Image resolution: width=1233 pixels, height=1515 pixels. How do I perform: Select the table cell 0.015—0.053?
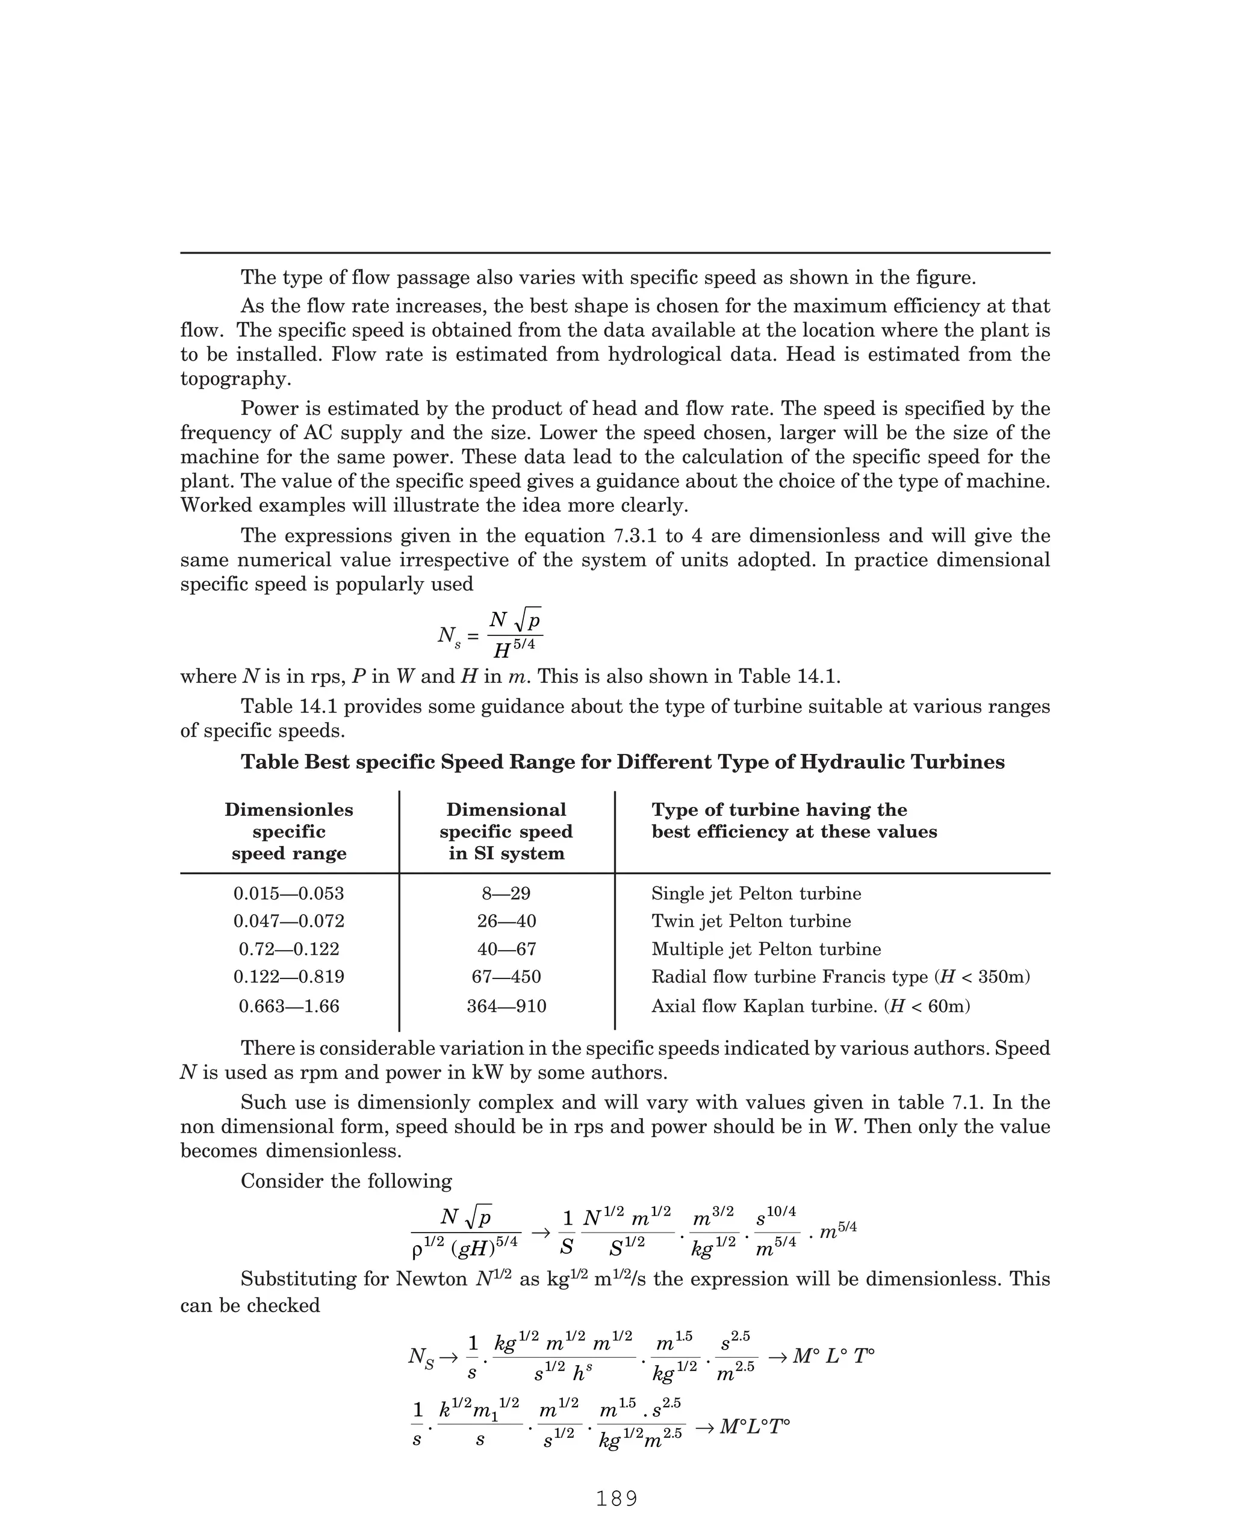[288, 894]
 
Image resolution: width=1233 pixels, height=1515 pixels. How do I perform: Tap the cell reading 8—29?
[506, 894]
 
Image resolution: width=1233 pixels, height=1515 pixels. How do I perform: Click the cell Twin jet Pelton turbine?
[751, 921]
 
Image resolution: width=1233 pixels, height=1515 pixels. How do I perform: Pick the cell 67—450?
[506, 977]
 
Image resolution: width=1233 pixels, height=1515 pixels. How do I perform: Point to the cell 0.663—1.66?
[288, 1006]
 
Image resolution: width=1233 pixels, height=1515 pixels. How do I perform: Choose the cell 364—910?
[506, 1006]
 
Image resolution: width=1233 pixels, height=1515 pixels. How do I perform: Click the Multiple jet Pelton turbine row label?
[766, 949]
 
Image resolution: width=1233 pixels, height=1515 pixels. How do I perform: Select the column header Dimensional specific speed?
[506, 831]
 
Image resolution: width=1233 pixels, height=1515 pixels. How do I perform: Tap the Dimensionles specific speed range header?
[288, 831]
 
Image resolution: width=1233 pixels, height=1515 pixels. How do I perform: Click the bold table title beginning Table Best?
[622, 762]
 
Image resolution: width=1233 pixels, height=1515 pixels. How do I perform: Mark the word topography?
[235, 379]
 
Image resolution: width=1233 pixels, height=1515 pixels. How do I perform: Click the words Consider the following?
[346, 1181]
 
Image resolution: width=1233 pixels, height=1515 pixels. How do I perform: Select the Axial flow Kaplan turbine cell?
[810, 1006]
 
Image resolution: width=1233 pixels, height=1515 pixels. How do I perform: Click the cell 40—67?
[506, 949]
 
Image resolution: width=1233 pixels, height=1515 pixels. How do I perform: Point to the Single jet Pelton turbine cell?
[756, 894]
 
